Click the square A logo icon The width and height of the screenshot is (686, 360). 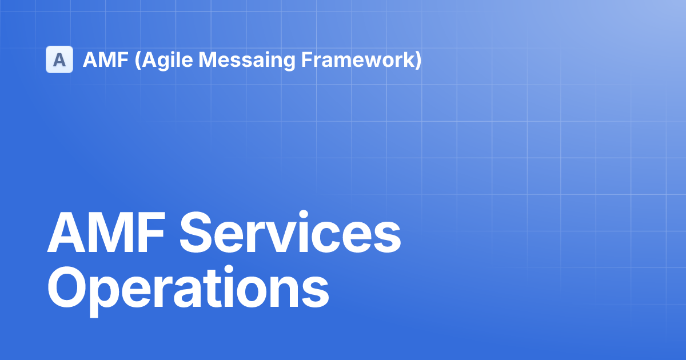click(59, 59)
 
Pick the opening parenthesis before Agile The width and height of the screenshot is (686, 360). click(137, 60)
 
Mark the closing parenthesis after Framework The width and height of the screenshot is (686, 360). click(418, 60)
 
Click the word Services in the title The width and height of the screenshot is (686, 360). click(290, 234)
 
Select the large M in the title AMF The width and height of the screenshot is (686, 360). click(112, 234)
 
